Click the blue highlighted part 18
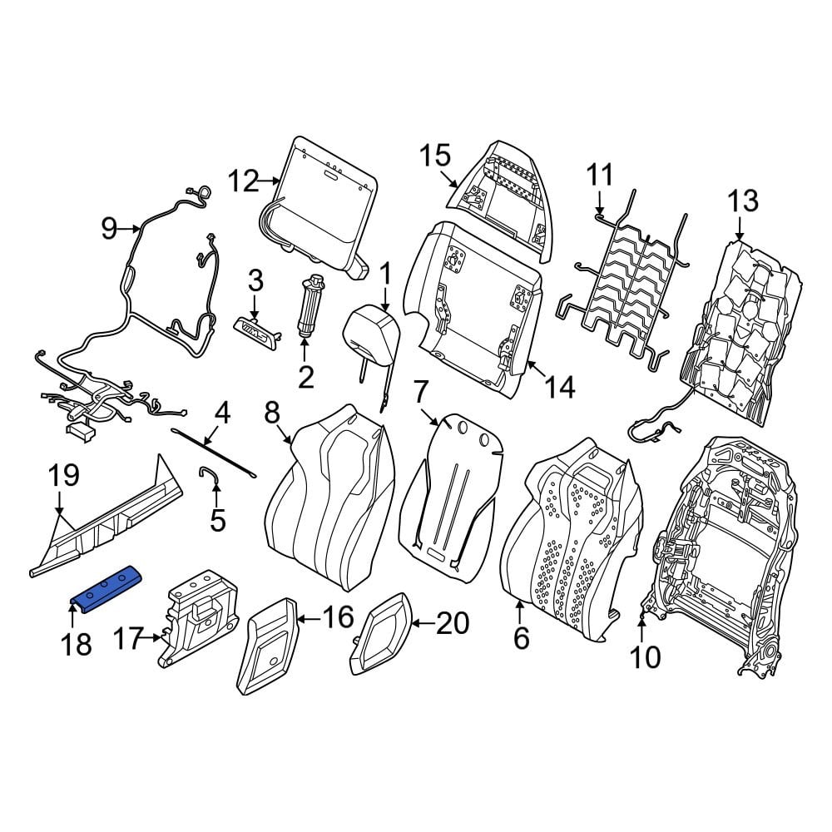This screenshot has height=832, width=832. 106,588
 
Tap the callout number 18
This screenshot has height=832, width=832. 76,645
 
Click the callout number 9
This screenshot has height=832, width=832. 109,229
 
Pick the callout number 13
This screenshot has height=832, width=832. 743,201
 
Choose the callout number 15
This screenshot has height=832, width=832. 435,156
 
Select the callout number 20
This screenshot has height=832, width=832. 453,623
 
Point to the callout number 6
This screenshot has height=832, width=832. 522,637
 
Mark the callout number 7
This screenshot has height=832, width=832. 419,393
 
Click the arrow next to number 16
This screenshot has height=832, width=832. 310,619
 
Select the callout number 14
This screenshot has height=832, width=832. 559,388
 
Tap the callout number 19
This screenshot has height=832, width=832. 63,475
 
